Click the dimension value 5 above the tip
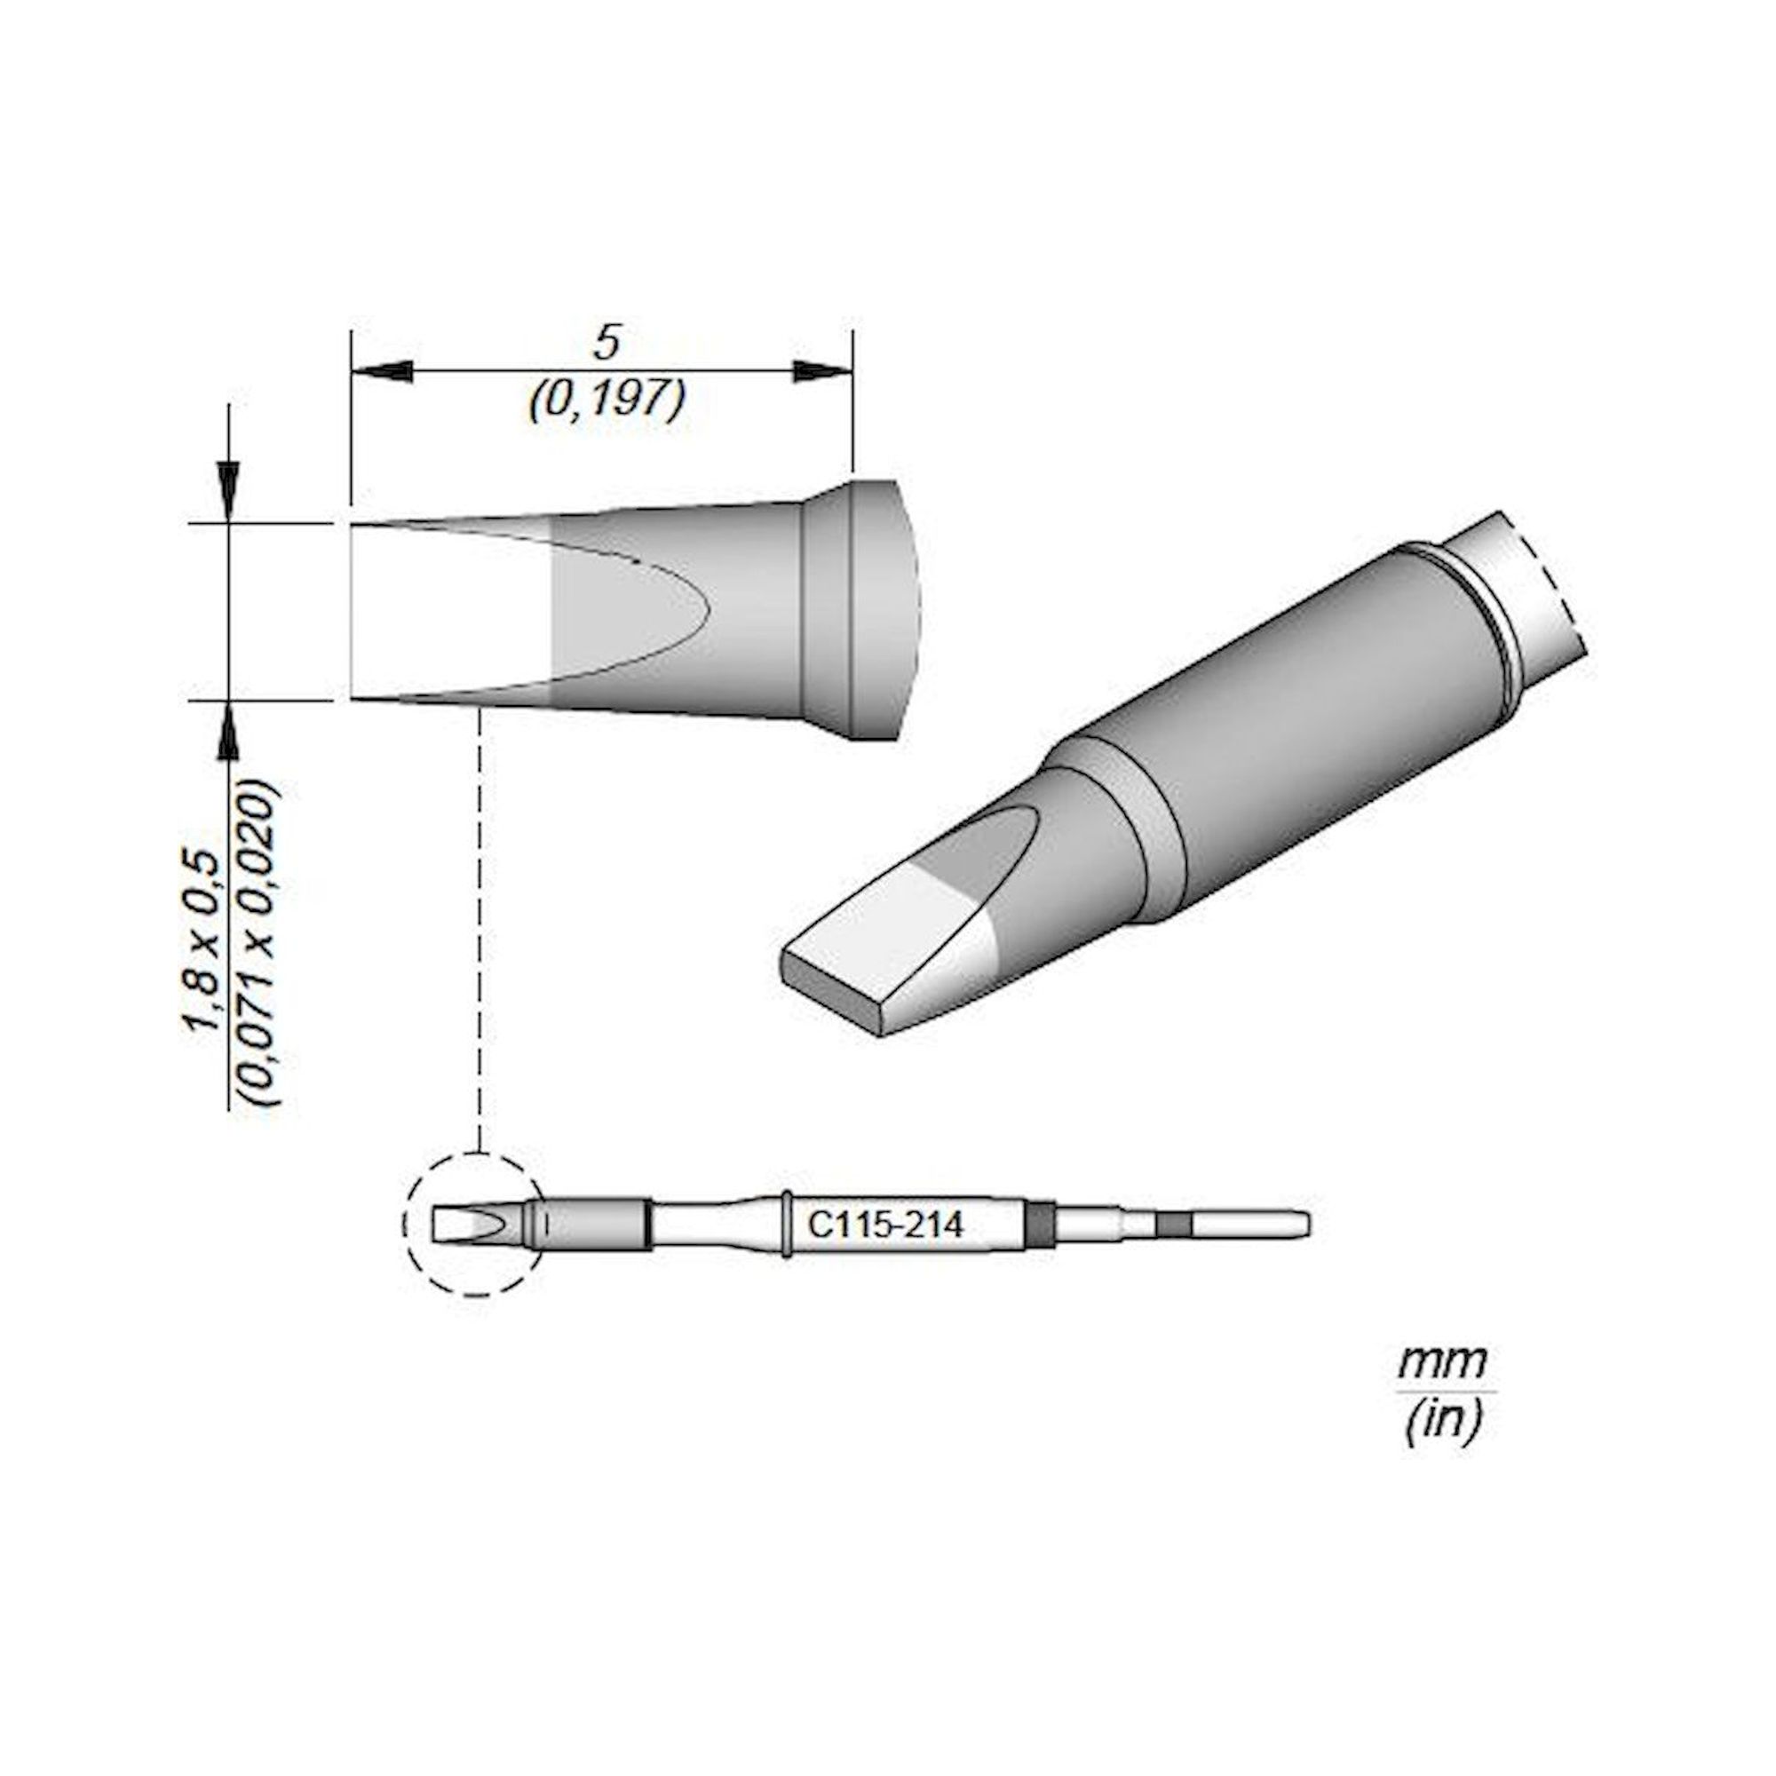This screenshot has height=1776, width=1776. [x=606, y=344]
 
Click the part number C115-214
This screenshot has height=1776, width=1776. [x=885, y=1226]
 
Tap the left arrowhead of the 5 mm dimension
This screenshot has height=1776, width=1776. [x=381, y=372]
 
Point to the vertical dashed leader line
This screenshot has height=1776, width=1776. [x=480, y=919]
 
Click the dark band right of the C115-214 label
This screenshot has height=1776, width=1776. [x=1039, y=1225]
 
